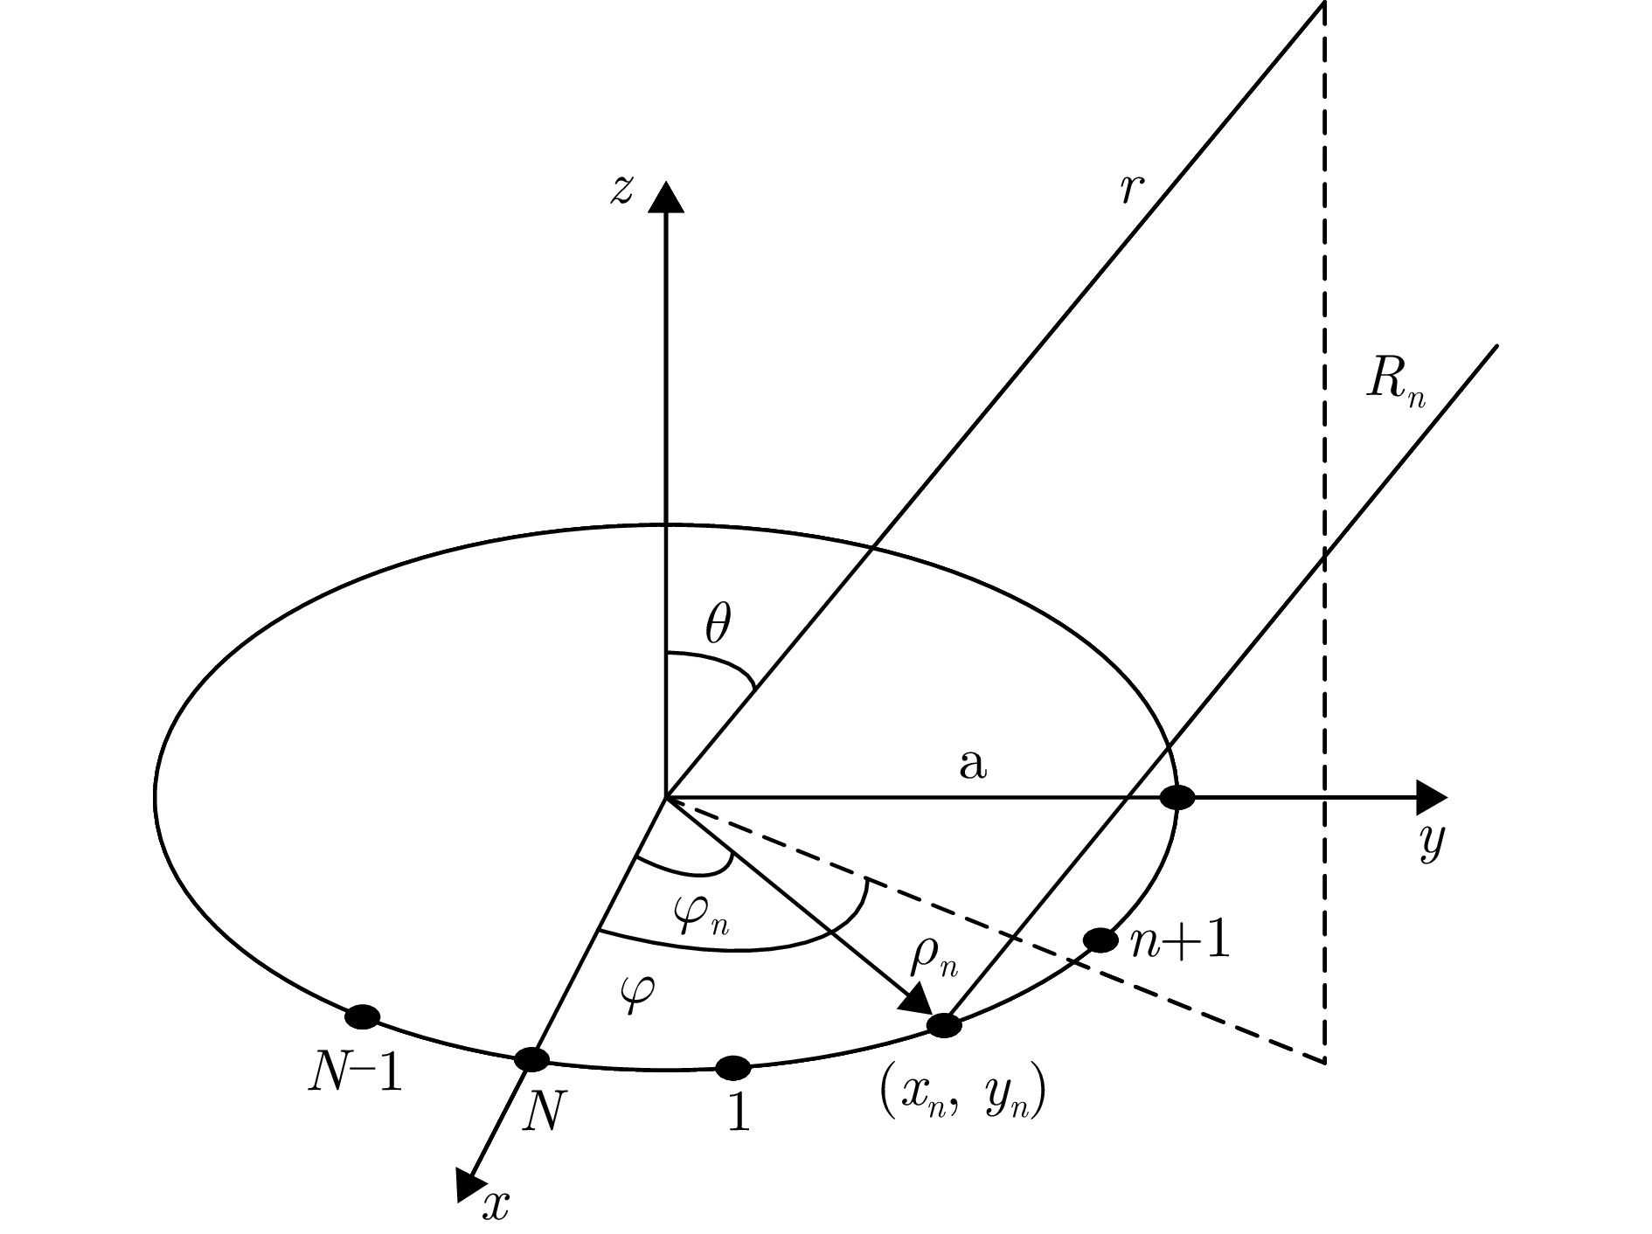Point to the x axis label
click(496, 1206)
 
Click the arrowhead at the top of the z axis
click(666, 197)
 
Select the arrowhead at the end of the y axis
click(1431, 796)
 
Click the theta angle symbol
click(717, 626)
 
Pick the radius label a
click(972, 765)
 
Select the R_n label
click(1395, 382)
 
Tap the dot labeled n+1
click(1100, 940)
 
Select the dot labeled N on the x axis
click(531, 1059)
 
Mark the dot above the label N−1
click(362, 1016)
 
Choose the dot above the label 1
click(732, 1067)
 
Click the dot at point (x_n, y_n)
click(944, 1025)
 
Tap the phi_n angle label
click(701, 919)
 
